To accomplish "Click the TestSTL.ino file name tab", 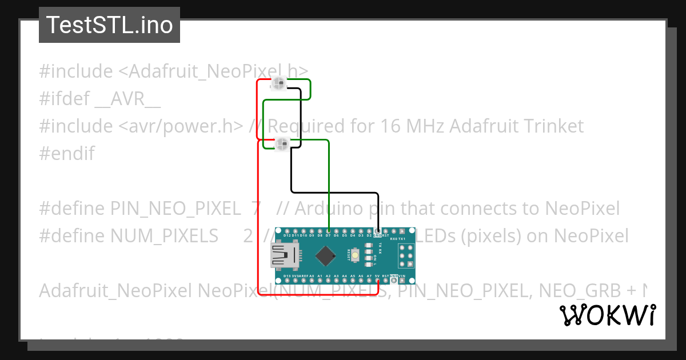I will tap(109, 25).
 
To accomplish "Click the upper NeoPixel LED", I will tap(279, 84).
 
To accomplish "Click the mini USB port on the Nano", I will tap(284, 255).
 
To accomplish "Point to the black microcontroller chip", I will tap(325, 255).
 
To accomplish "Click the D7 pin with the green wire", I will tap(328, 230).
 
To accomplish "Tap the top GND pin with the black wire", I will tap(377, 230).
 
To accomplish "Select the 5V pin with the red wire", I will tap(378, 281).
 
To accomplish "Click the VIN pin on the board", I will tap(402, 281).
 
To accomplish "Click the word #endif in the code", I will tap(67, 153).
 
